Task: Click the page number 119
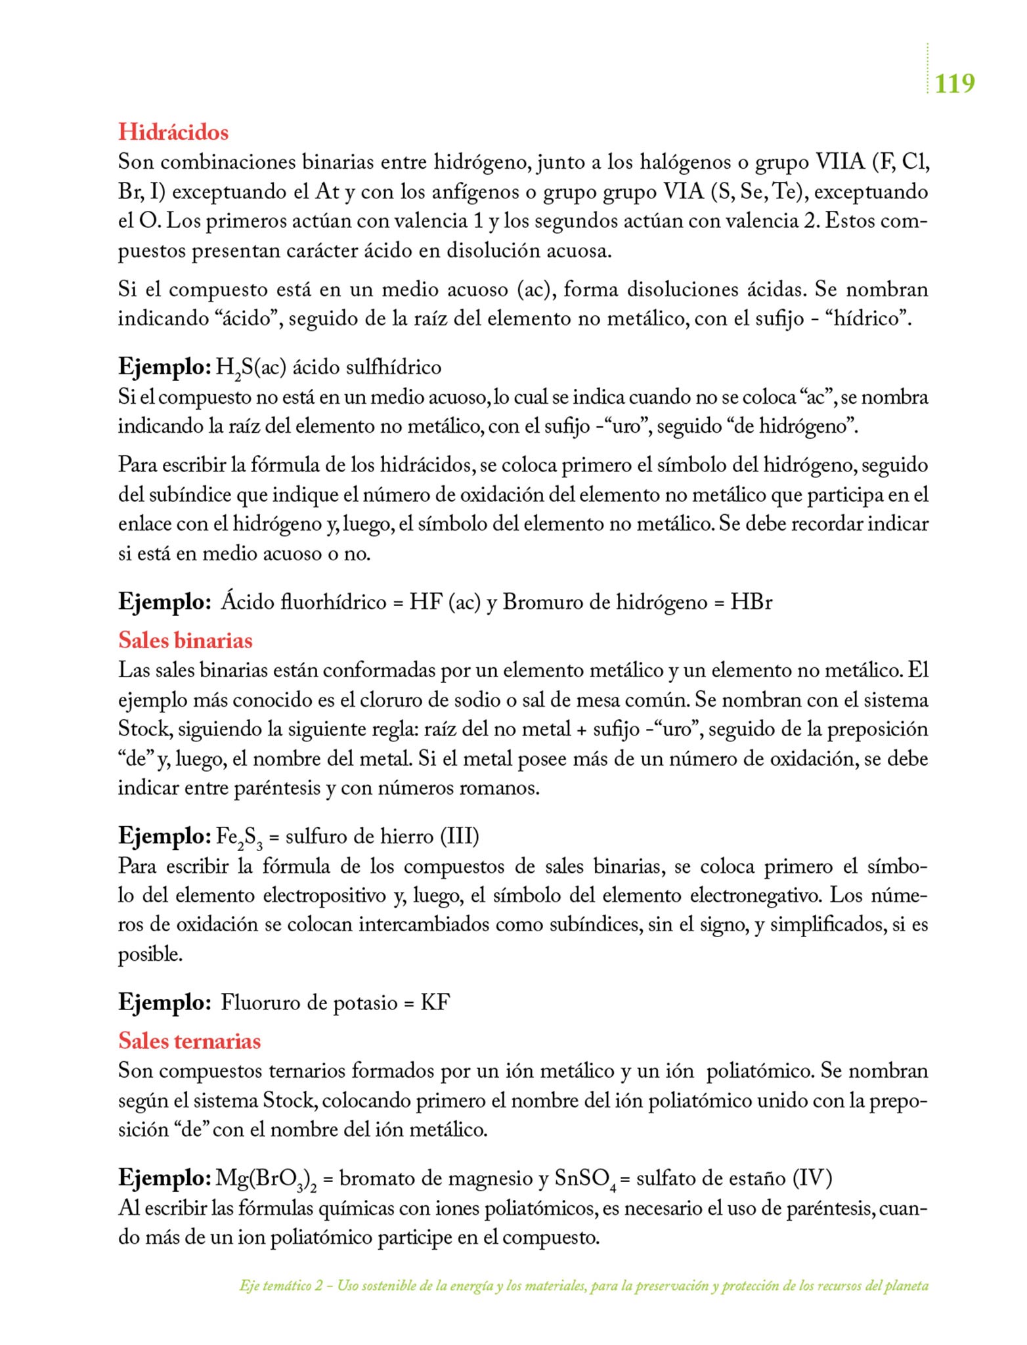coord(954,83)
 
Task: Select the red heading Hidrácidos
coord(173,132)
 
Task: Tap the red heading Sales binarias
coord(185,640)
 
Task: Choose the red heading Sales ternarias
coord(189,1041)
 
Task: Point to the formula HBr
coord(751,602)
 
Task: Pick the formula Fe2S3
coord(239,837)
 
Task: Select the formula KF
coord(435,1003)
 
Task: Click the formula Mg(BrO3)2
coord(266,1179)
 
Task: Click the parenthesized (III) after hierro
coord(458,837)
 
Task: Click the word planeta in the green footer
coord(909,1286)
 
